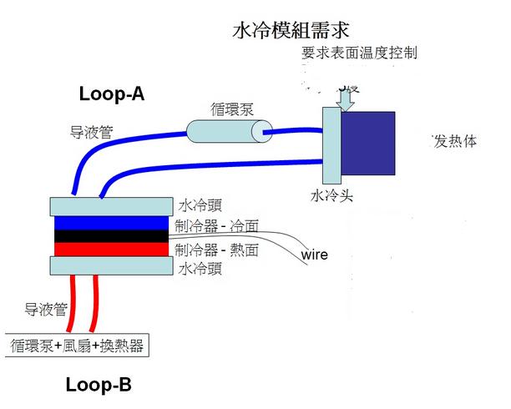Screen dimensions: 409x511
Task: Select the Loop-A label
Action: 112,93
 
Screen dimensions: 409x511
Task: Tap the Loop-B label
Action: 99,386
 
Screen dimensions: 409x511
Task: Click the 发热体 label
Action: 454,141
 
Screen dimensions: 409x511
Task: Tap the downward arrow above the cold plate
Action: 346,97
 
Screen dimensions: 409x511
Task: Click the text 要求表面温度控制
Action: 359,53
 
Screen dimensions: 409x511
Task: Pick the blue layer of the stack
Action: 112,224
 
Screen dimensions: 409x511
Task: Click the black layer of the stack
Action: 112,236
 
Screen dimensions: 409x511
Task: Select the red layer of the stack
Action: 112,249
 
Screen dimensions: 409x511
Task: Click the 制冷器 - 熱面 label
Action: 217,249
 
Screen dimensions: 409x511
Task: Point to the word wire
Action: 314,254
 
